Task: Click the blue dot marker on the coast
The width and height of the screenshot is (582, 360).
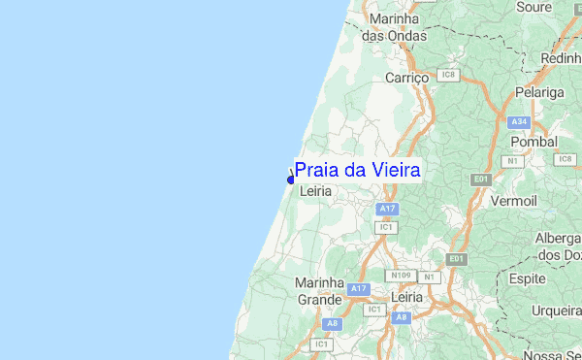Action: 291,180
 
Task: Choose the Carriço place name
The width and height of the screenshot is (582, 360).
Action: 407,77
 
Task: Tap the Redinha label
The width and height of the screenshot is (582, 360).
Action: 562,59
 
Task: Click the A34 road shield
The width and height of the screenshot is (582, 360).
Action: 519,121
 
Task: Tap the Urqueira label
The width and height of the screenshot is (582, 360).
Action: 556,311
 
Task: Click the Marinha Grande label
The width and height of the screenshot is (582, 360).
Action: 319,290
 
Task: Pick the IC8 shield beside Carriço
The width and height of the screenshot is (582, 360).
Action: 447,74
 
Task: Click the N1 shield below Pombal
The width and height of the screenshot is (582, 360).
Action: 512,160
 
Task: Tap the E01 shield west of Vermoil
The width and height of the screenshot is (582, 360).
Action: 480,180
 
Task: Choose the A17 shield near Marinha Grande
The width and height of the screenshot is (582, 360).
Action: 359,288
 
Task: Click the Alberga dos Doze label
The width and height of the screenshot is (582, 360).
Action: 558,246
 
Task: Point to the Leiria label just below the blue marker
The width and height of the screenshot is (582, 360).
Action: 316,192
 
